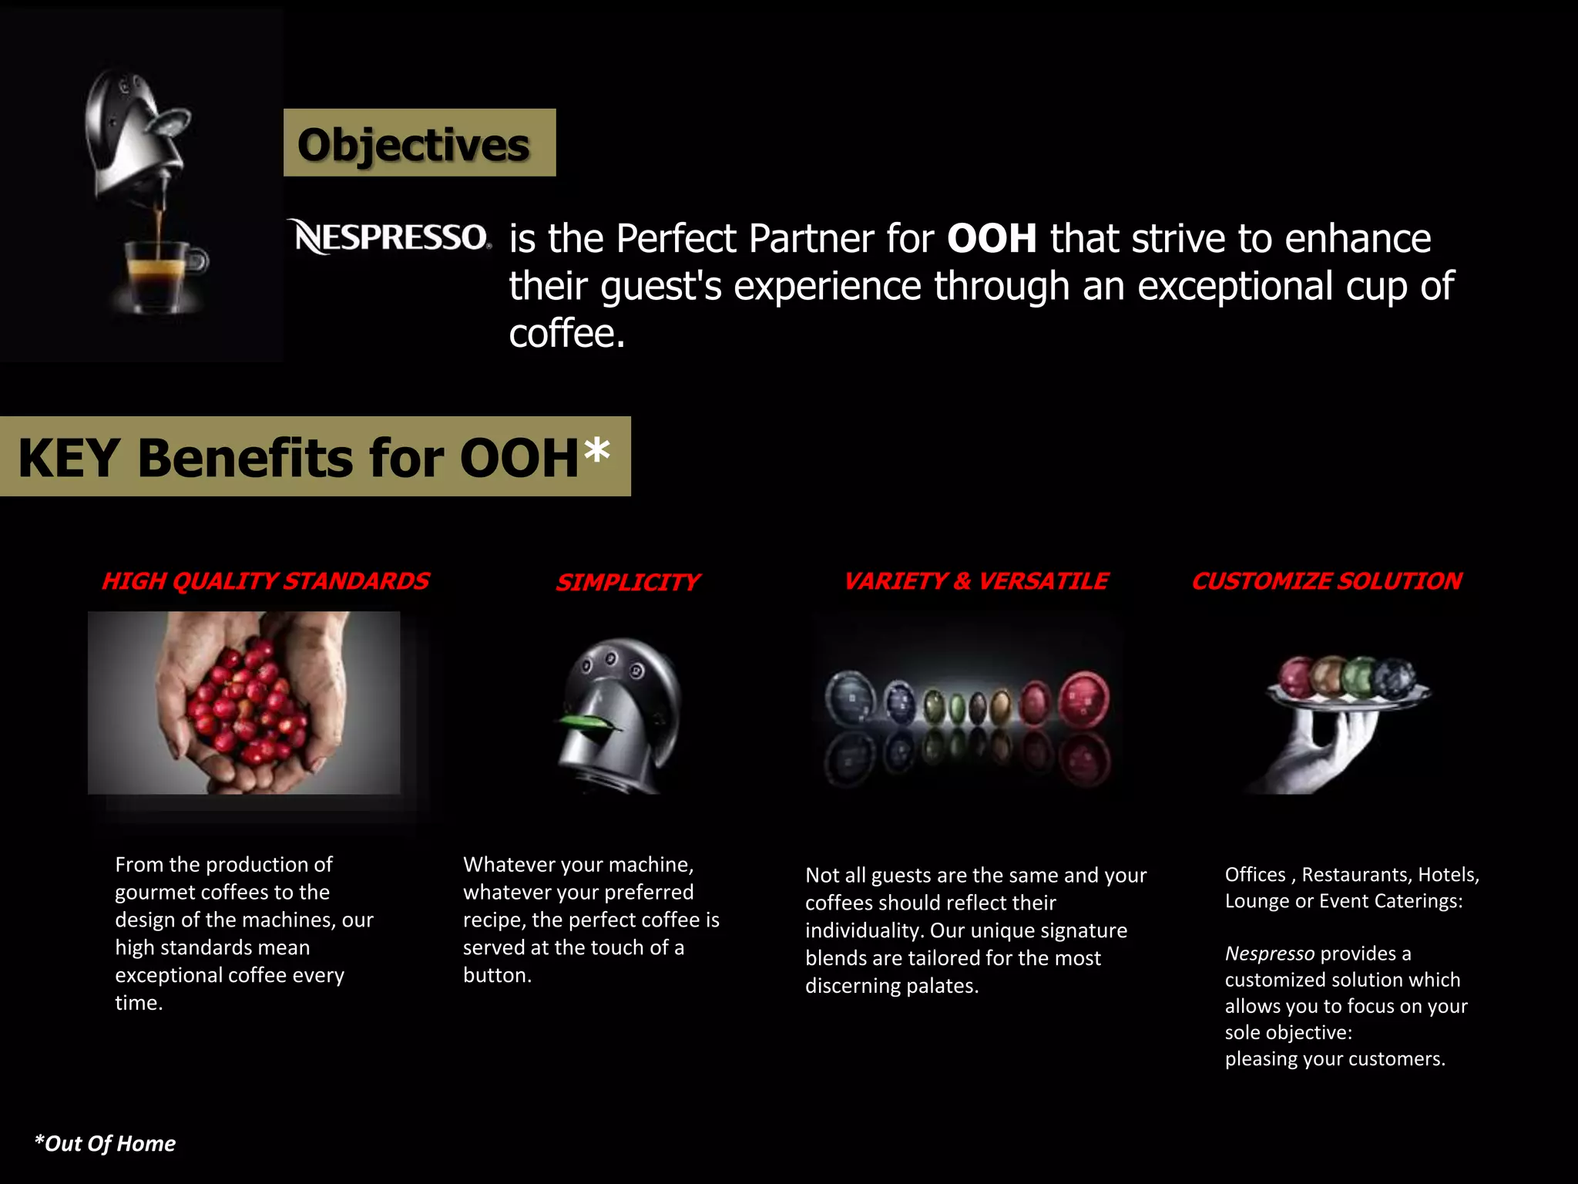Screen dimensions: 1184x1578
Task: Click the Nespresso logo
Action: tap(391, 237)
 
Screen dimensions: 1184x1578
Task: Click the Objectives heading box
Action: tap(419, 143)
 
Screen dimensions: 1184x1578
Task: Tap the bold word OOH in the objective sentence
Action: tap(992, 238)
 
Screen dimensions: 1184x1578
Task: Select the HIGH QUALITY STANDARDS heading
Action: tap(265, 581)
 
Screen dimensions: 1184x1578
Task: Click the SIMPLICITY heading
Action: tap(627, 582)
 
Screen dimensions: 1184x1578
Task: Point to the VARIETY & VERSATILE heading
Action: tap(975, 581)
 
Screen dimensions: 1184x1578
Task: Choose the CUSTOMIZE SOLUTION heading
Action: tap(1326, 581)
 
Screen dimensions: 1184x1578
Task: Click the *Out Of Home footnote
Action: tap(106, 1143)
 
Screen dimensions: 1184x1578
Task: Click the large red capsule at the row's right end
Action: tap(1084, 700)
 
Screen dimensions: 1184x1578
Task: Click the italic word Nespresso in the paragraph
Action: tap(1269, 954)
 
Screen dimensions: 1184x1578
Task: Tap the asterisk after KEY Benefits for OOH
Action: tap(596, 450)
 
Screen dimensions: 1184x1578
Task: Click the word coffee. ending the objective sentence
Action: tap(567, 334)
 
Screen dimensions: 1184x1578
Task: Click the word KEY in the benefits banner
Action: tap(68, 458)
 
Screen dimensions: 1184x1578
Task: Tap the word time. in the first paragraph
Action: tap(139, 1003)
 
